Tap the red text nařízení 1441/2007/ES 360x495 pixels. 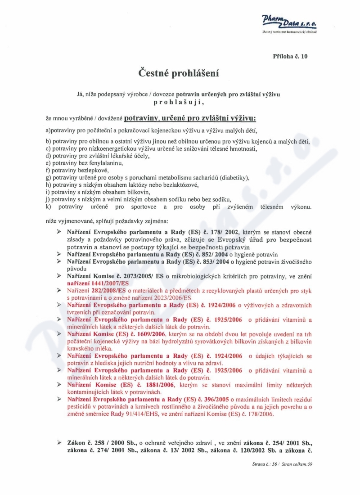[98, 283]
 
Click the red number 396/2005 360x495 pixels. [213, 399]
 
